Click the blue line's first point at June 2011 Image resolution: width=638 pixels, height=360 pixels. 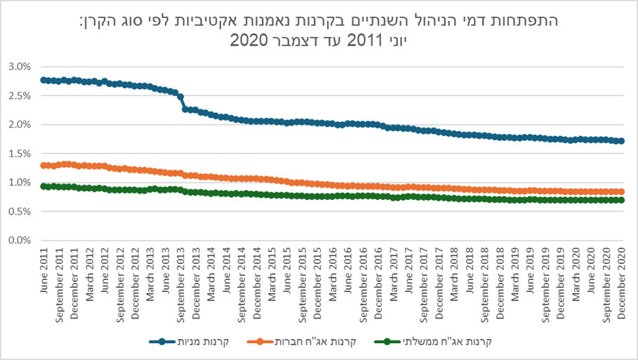[x=44, y=80]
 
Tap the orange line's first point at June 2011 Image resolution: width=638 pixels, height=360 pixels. [x=44, y=166]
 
